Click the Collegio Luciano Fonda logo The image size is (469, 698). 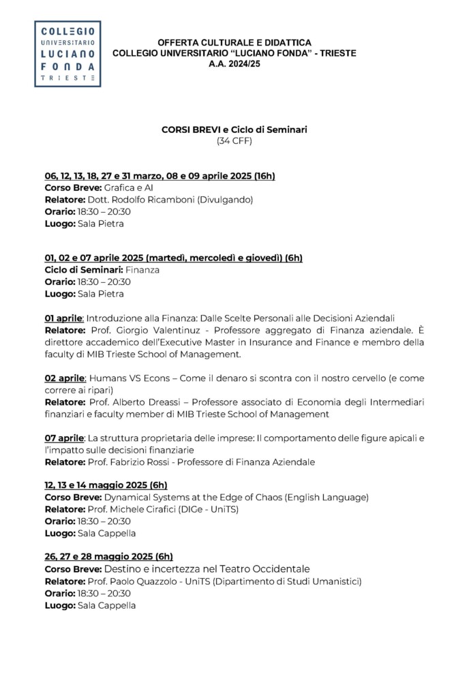tap(67, 54)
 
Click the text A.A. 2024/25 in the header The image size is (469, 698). tap(234, 63)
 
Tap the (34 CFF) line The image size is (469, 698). tap(234, 140)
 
